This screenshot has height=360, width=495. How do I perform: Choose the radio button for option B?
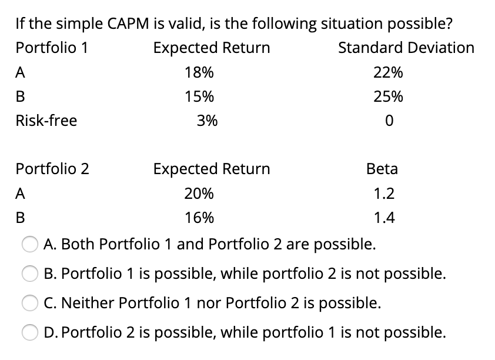tap(31, 274)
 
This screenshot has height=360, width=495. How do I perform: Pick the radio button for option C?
tap(31, 304)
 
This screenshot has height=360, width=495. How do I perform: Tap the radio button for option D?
tap(31, 333)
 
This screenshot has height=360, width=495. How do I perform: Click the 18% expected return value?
tap(199, 73)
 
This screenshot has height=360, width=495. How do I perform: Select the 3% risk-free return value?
tap(206, 121)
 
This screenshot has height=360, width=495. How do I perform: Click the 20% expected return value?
tap(199, 194)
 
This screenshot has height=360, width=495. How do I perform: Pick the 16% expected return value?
tap(199, 218)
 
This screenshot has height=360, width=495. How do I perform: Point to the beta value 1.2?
tap(384, 194)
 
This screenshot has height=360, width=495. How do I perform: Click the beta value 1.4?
tap(384, 218)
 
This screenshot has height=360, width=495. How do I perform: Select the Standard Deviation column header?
tap(406, 48)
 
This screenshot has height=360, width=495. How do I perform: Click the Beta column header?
tap(382, 169)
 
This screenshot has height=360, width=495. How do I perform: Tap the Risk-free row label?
tap(46, 121)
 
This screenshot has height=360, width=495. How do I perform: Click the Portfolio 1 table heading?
tap(52, 48)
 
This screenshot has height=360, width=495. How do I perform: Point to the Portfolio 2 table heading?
tap(52, 169)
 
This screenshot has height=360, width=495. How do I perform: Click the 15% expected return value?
tap(199, 96)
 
